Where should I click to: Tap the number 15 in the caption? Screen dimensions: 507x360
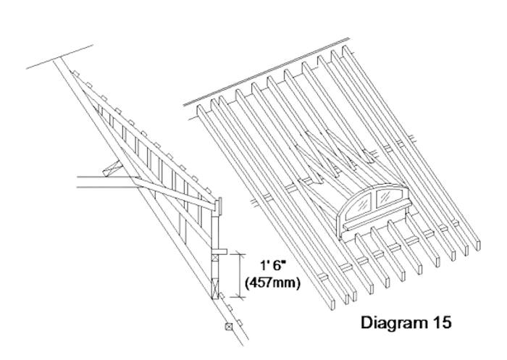(441, 322)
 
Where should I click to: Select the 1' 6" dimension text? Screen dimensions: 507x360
(273, 266)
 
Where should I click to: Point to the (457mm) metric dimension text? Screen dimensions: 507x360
(273, 283)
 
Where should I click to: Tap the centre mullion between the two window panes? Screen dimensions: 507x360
(375, 200)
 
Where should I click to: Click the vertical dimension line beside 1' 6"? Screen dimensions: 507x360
(240, 275)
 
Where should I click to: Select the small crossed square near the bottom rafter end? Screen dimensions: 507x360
(229, 327)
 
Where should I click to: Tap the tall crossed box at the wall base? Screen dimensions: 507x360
(215, 288)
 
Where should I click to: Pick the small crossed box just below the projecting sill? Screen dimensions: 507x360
(215, 257)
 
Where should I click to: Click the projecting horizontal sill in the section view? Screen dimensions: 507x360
(219, 251)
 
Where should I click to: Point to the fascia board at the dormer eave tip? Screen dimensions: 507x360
(220, 206)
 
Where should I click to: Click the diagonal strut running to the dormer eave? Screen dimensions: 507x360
(175, 191)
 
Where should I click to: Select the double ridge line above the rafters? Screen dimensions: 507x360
(267, 72)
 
